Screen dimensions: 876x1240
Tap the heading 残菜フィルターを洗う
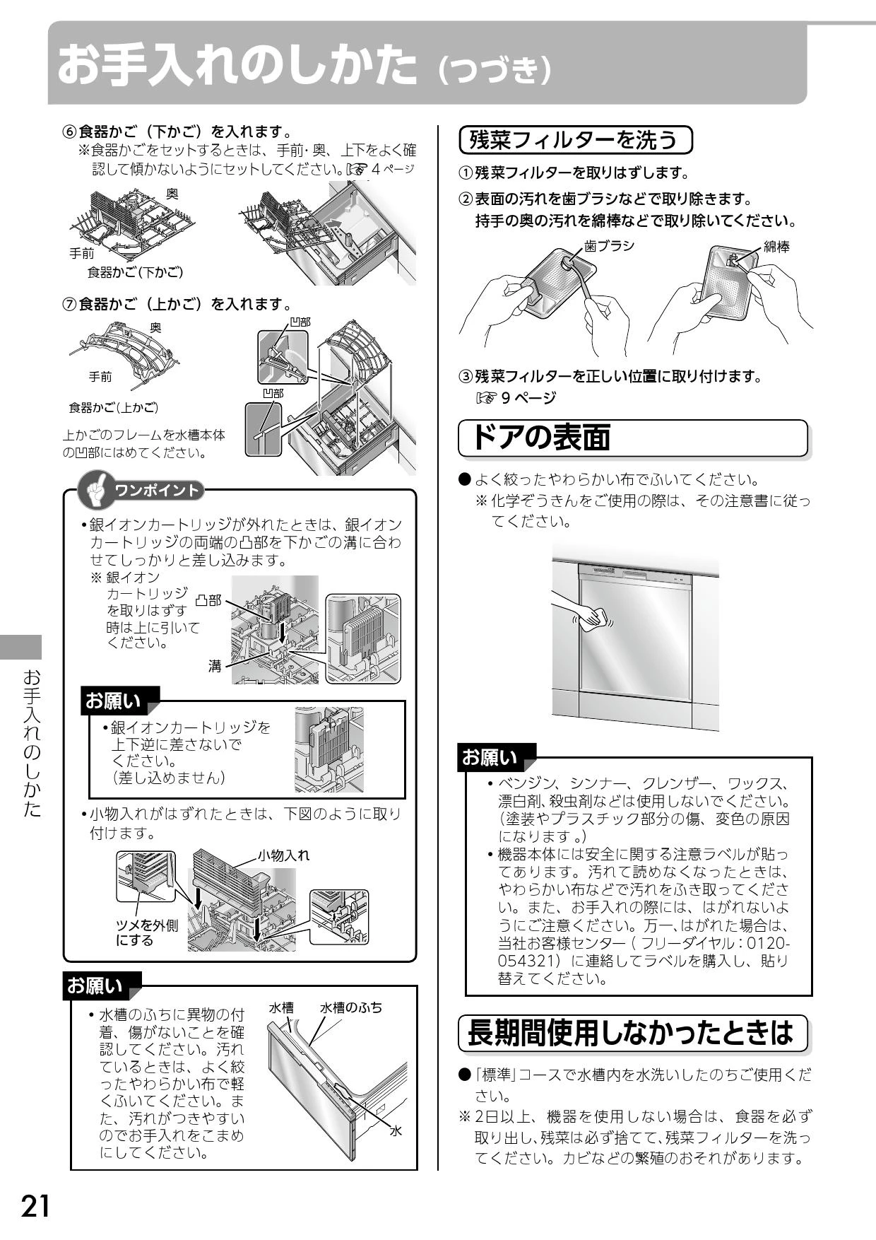[573, 140]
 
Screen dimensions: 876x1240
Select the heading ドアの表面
[540, 438]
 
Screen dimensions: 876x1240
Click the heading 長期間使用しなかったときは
[631, 1033]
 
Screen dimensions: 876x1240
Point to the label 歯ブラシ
[609, 246]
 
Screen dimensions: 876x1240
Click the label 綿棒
[776, 246]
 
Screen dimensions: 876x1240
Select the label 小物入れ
[283, 855]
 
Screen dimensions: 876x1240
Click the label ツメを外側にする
[147, 932]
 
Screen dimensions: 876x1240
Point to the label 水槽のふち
[351, 1007]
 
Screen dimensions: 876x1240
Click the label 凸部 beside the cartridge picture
[208, 600]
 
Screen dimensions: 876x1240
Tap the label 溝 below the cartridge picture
[215, 665]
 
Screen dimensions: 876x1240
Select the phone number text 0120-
[769, 944]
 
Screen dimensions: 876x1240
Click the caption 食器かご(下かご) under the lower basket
[135, 271]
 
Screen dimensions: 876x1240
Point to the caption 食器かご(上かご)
[113, 408]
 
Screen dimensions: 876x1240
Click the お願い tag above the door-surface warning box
[490, 758]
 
